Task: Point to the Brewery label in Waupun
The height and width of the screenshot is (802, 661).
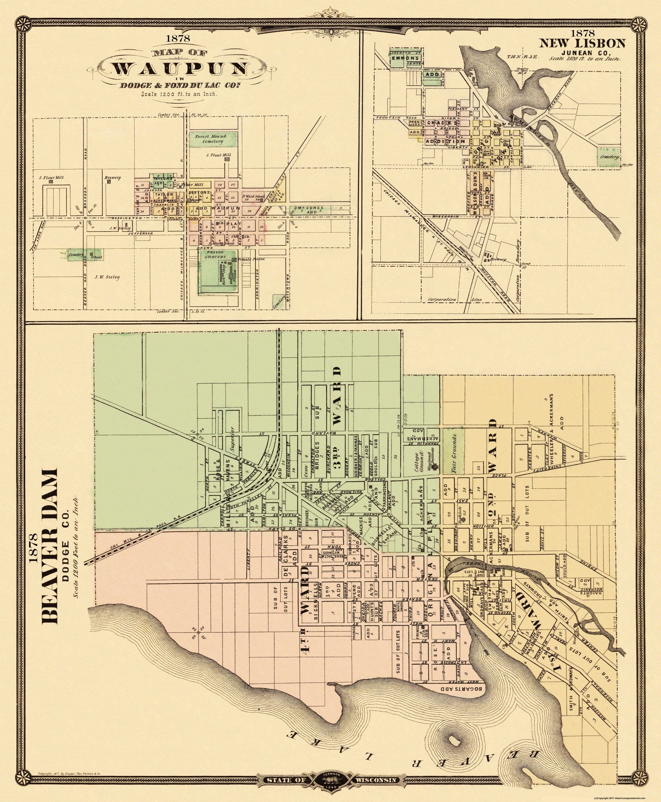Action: pyautogui.click(x=114, y=177)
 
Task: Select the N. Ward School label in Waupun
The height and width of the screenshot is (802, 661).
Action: pyautogui.click(x=250, y=196)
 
